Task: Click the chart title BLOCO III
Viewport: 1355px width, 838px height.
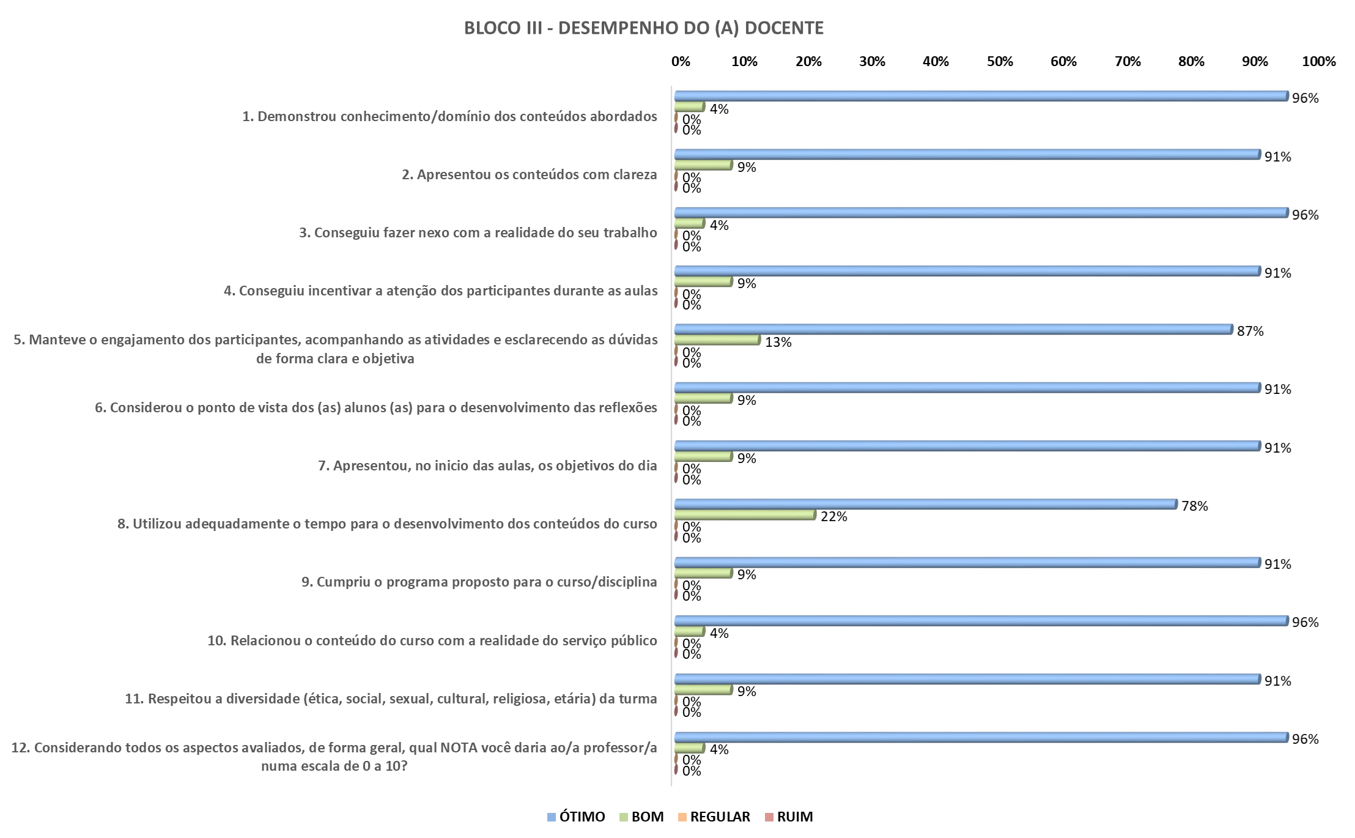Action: (x=643, y=28)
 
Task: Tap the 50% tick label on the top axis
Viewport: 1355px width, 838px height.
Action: (x=1000, y=62)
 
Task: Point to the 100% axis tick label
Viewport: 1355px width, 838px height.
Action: (x=1319, y=62)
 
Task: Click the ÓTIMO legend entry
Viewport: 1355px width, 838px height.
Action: (x=576, y=817)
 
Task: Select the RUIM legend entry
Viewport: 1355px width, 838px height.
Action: (x=789, y=817)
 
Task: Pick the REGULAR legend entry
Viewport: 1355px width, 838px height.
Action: (x=714, y=817)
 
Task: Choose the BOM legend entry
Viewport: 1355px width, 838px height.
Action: (x=641, y=817)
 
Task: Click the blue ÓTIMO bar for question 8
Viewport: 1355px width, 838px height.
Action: (x=925, y=504)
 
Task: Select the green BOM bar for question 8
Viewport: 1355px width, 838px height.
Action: (x=745, y=515)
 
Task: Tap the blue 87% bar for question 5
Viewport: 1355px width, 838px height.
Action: (x=953, y=329)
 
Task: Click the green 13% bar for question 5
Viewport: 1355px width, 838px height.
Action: (x=717, y=340)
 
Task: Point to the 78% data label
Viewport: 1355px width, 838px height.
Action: (x=1194, y=506)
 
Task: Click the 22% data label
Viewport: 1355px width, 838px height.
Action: (x=833, y=517)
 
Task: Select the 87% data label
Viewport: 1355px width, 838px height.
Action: (x=1250, y=331)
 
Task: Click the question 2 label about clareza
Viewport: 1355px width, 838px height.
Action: (x=529, y=175)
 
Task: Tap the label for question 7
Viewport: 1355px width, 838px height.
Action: (x=487, y=466)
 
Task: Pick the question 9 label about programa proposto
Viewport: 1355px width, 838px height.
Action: (x=479, y=582)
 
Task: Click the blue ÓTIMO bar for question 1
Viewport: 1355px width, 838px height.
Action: (x=981, y=96)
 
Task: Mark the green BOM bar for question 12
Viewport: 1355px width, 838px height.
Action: (x=689, y=748)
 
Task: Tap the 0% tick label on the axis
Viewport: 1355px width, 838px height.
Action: (x=681, y=62)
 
